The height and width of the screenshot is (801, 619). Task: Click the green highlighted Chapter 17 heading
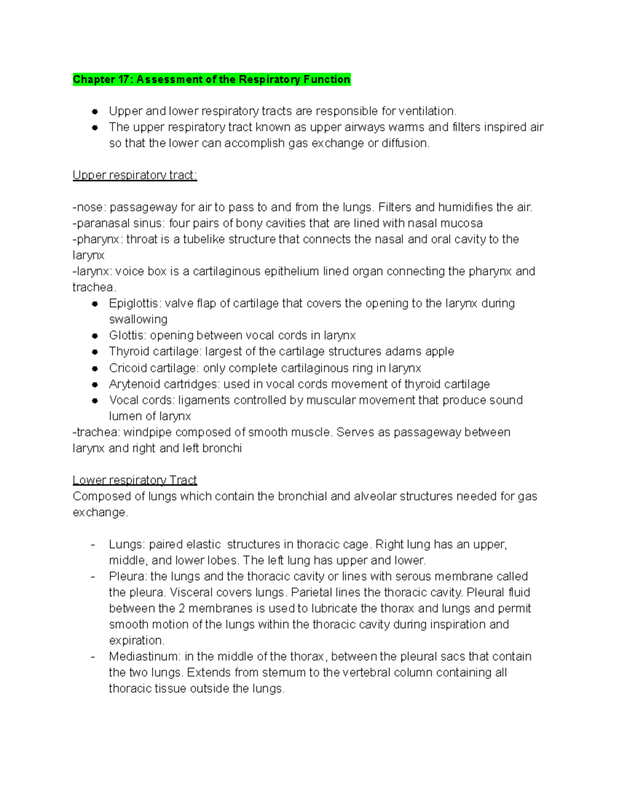211,79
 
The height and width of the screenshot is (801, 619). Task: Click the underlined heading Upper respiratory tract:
135,175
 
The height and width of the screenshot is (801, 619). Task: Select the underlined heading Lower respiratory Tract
135,480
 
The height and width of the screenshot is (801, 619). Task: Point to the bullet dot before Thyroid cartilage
95,352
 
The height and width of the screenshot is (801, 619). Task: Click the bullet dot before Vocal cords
95,400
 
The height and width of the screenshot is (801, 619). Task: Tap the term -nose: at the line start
89,207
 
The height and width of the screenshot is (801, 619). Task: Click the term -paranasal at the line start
102,223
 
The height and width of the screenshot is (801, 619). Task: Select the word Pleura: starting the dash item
128,576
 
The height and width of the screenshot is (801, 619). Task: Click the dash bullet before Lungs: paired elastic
93,545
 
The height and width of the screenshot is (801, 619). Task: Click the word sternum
284,673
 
